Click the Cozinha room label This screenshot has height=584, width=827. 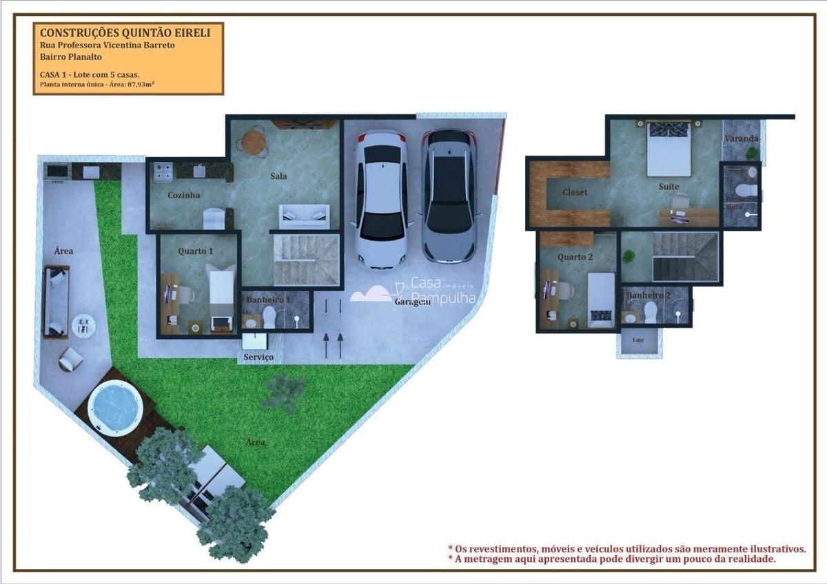click(x=184, y=196)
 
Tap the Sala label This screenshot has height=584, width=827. click(x=278, y=176)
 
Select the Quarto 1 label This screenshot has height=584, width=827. click(x=196, y=251)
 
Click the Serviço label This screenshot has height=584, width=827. click(x=258, y=357)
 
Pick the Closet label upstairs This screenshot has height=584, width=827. click(x=575, y=192)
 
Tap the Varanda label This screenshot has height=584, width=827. click(x=742, y=139)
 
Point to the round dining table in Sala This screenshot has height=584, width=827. click(x=253, y=143)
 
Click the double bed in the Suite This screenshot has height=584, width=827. click(x=668, y=149)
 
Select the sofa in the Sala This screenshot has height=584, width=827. click(x=304, y=216)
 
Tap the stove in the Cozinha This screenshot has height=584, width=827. click(x=163, y=171)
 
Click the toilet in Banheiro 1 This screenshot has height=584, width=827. click(x=269, y=317)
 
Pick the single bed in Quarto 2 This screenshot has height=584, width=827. click(x=601, y=299)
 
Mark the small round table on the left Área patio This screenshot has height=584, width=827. click(x=83, y=324)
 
